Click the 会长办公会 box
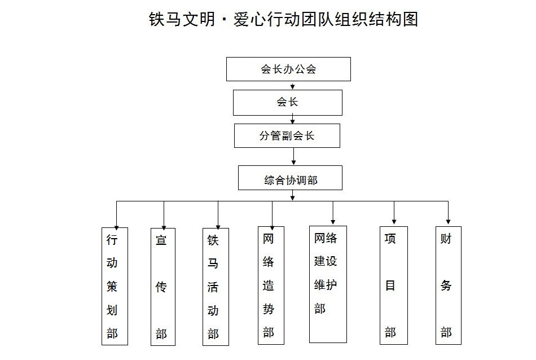pos(288,69)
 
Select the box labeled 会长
pos(288,103)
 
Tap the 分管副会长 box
pos(287,136)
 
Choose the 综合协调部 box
pos(290,178)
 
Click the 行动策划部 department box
pos(115,286)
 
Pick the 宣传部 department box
pos(163,287)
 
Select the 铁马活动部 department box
pos(216,287)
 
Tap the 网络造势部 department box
pos(271,285)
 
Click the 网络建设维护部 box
pos(328,284)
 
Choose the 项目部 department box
pos(394,285)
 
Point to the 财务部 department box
pos(449,285)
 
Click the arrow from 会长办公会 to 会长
pos(293,85)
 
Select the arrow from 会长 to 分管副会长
pos(293,120)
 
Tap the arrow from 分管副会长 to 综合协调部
pos(293,156)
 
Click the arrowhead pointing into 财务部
pos(448,222)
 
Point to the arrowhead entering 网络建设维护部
pos(333,222)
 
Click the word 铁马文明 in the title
pos(182,19)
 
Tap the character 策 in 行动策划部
pos(112,287)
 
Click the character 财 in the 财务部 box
pos(446,238)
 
